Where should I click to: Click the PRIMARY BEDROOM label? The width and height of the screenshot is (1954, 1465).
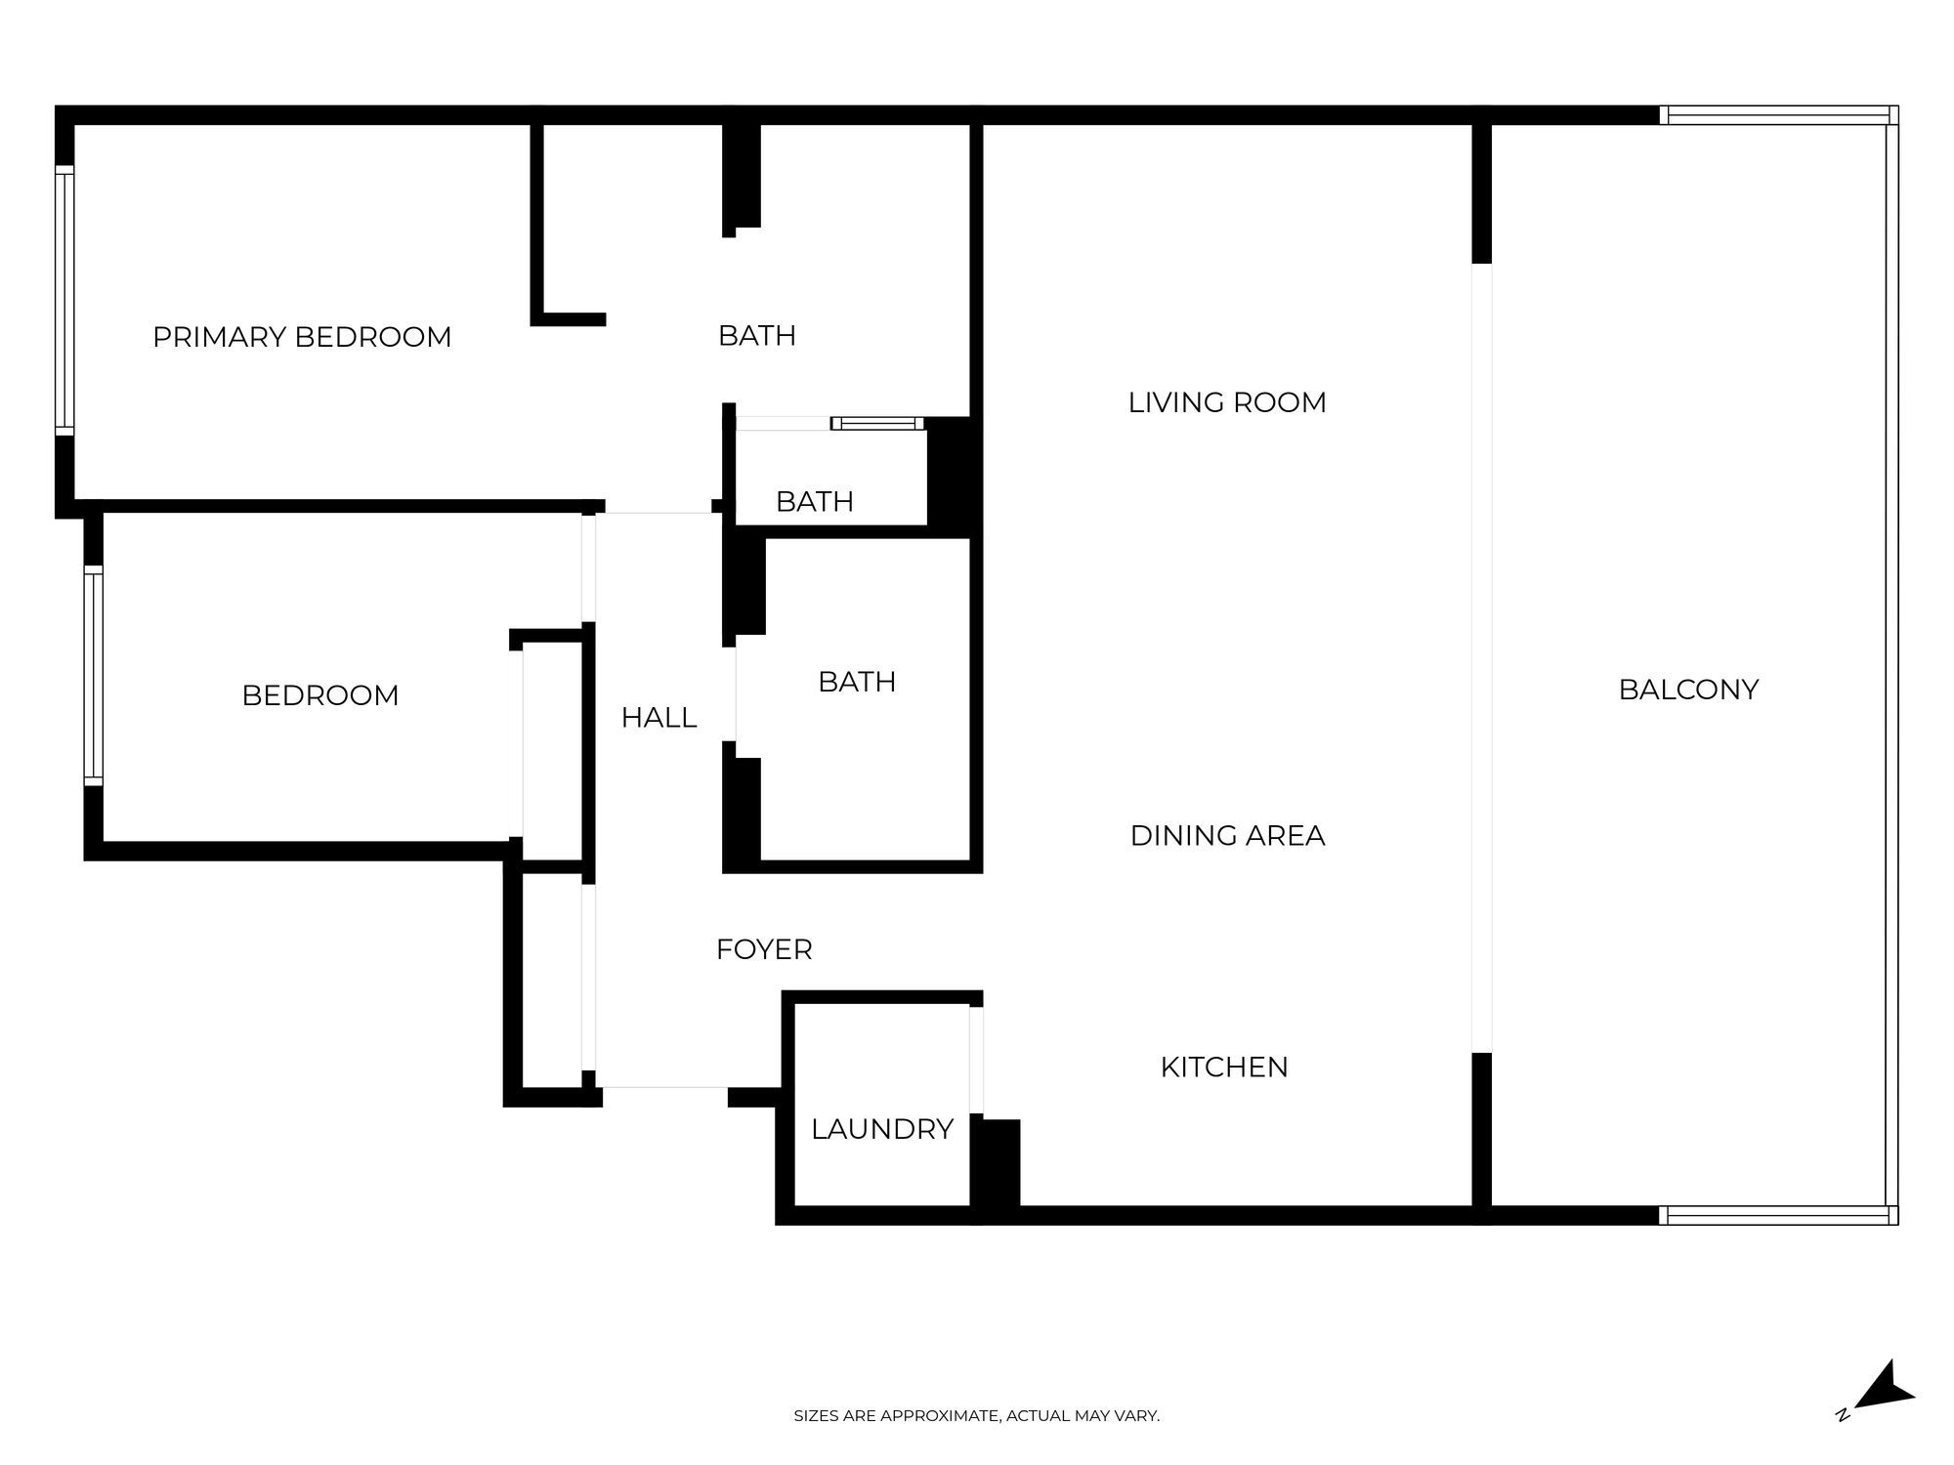click(302, 337)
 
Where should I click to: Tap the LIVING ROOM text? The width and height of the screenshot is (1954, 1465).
click(1227, 402)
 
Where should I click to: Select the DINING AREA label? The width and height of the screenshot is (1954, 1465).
click(1227, 835)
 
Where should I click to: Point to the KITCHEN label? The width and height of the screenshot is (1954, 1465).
click(1223, 1067)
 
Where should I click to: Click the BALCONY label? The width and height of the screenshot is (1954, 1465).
click(1688, 690)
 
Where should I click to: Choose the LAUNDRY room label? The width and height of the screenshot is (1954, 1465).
click(881, 1129)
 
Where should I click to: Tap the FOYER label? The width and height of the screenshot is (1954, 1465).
click(764, 949)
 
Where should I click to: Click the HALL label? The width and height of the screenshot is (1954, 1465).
click(658, 718)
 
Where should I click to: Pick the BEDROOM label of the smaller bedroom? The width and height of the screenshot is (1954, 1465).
click(319, 695)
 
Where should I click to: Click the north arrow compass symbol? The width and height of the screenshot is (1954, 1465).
click(1883, 1389)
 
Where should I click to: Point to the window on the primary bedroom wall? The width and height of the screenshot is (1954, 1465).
click(64, 300)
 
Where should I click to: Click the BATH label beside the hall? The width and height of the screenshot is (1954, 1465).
click(857, 682)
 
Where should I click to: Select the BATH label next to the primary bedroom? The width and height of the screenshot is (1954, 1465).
click(757, 336)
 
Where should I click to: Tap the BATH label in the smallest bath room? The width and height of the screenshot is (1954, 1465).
click(814, 502)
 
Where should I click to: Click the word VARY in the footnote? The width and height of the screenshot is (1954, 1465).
click(1135, 1415)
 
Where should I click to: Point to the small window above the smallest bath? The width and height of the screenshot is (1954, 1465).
click(877, 424)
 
